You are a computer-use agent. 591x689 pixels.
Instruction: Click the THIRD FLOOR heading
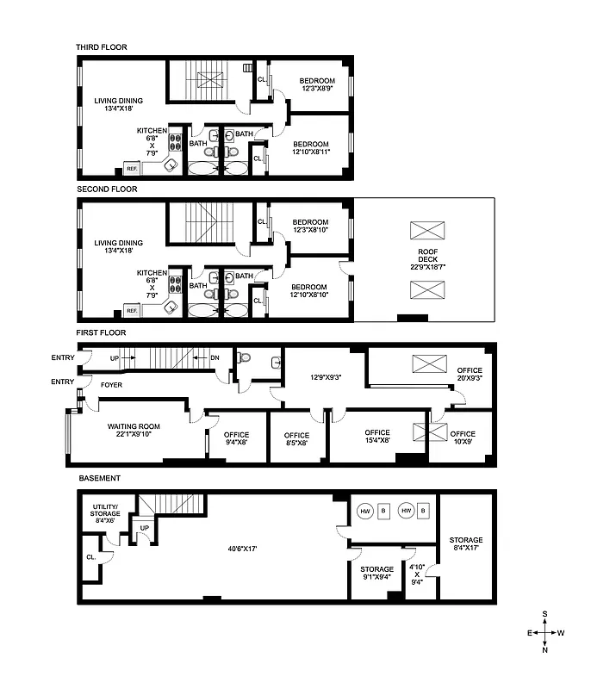coord(102,47)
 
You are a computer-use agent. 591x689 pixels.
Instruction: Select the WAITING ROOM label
coord(134,431)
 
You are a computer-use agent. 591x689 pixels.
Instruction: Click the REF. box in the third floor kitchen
coord(133,168)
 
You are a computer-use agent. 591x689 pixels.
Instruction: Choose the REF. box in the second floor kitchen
coord(133,310)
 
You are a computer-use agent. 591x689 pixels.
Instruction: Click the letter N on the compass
coord(545,650)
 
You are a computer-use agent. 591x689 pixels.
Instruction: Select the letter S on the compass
coord(545,614)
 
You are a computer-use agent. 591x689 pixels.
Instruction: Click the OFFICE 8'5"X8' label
coord(296,439)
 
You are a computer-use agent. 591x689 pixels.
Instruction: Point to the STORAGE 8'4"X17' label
coord(465,544)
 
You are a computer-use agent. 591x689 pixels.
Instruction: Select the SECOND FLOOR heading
coord(107,189)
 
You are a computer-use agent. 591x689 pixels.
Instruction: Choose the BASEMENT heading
coord(99,477)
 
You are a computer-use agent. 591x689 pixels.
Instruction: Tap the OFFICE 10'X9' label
coord(463,438)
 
